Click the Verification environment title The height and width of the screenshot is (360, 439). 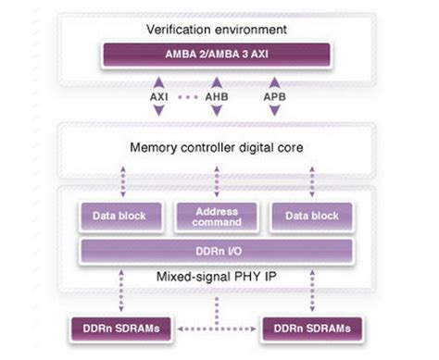[216, 30]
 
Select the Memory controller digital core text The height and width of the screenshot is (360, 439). [216, 145]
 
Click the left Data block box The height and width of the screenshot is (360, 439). [119, 216]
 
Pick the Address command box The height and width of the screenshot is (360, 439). [216, 216]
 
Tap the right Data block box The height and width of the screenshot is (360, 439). [312, 216]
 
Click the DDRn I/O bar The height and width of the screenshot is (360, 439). [216, 251]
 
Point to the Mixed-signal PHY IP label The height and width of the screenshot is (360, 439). [216, 275]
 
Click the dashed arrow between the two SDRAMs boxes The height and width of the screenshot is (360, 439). [216, 327]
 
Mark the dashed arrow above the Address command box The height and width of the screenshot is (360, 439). [216, 181]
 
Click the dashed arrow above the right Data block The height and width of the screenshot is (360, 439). [312, 181]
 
